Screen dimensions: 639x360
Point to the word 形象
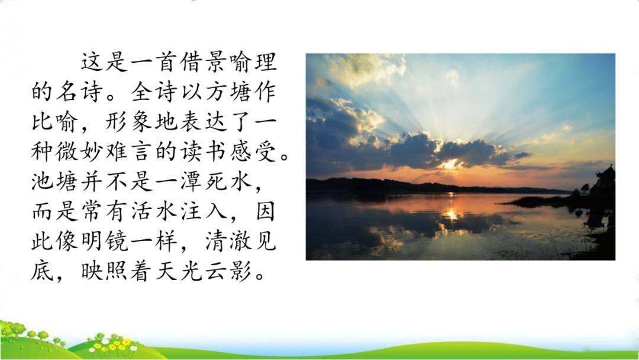(130, 121)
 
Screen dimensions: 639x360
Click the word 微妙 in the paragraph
(80, 152)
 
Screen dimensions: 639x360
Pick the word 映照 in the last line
(105, 271)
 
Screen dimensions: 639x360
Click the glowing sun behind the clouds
(450, 164)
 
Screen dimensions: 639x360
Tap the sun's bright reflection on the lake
(451, 213)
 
